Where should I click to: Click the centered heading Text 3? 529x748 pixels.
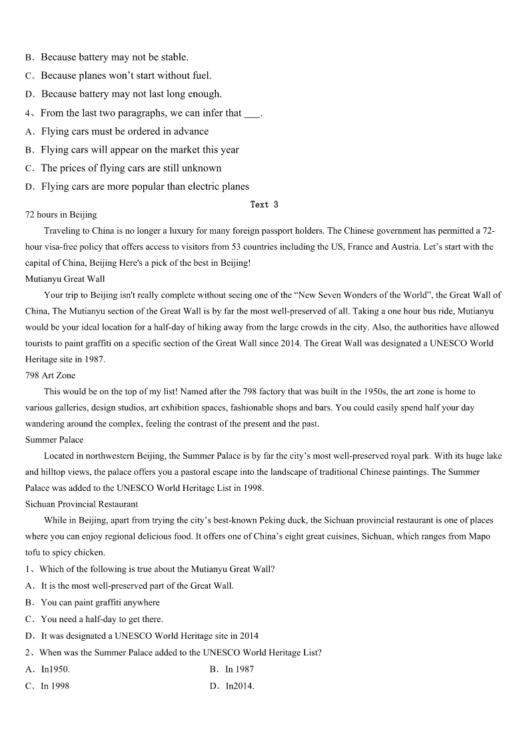point(264,204)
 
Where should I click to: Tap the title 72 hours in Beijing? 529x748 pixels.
point(61,214)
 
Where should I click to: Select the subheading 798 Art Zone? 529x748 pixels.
point(50,376)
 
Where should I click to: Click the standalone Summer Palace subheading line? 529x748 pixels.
point(54,440)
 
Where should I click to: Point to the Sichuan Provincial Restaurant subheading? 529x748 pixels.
point(81,504)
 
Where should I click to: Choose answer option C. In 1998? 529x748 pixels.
point(47,685)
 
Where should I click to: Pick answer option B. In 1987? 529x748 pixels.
point(232,669)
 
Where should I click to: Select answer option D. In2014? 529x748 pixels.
point(232,685)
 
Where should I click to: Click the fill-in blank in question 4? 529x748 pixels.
point(252,113)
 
